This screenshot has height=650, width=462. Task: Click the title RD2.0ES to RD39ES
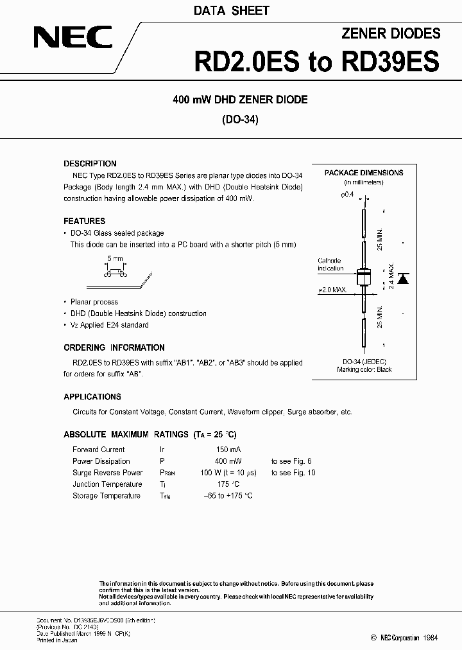point(317,62)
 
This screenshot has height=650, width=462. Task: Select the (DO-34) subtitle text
point(240,119)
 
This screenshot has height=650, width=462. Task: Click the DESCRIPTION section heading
point(90,164)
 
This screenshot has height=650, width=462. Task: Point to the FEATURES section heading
point(84,221)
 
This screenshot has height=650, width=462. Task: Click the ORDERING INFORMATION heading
point(114,347)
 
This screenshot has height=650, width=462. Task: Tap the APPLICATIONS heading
point(92,397)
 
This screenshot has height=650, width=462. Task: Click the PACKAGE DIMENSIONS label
point(364,173)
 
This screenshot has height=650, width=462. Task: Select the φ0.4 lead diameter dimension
point(347,194)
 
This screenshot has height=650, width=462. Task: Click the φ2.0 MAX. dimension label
point(332,290)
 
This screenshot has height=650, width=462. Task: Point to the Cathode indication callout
point(331,265)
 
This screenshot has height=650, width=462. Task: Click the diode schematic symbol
point(403,278)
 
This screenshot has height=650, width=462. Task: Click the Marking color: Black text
point(364,370)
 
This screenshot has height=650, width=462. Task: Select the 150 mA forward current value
point(228,450)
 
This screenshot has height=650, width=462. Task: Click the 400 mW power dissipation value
point(228,461)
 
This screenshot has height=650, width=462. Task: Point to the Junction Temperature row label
point(107,484)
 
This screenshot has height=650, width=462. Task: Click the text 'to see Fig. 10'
point(293,473)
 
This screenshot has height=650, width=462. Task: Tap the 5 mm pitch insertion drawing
point(116,273)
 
